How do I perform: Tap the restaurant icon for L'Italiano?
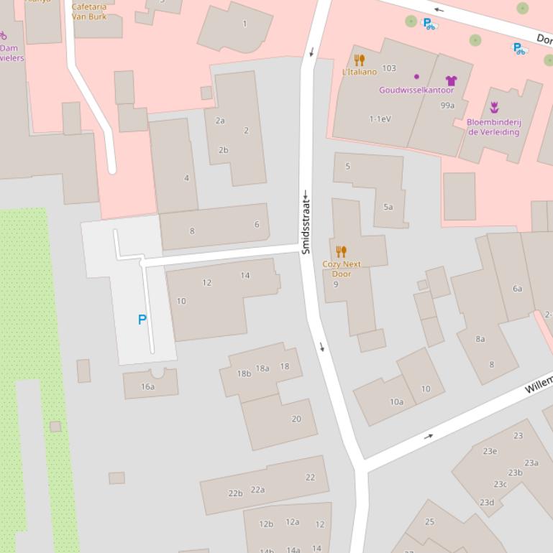[x=360, y=60]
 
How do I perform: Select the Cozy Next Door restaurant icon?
[x=342, y=251]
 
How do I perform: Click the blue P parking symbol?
[x=142, y=320]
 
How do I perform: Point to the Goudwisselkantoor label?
[x=416, y=90]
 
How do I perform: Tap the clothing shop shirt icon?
[x=451, y=80]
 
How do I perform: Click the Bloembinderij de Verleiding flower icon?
[x=494, y=108]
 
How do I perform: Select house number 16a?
[x=147, y=386]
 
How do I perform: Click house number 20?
[x=296, y=419]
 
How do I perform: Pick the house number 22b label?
[x=235, y=493]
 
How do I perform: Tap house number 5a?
[x=388, y=207]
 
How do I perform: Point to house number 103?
[x=389, y=68]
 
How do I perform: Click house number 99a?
[x=447, y=106]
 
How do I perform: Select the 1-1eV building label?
[x=380, y=118]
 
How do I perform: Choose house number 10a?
[x=396, y=401]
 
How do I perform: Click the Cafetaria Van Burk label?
[x=89, y=11]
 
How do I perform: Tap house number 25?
[x=429, y=521]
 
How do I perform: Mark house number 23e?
[x=490, y=451]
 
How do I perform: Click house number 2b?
[x=223, y=150]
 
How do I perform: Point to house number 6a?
[x=517, y=288]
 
